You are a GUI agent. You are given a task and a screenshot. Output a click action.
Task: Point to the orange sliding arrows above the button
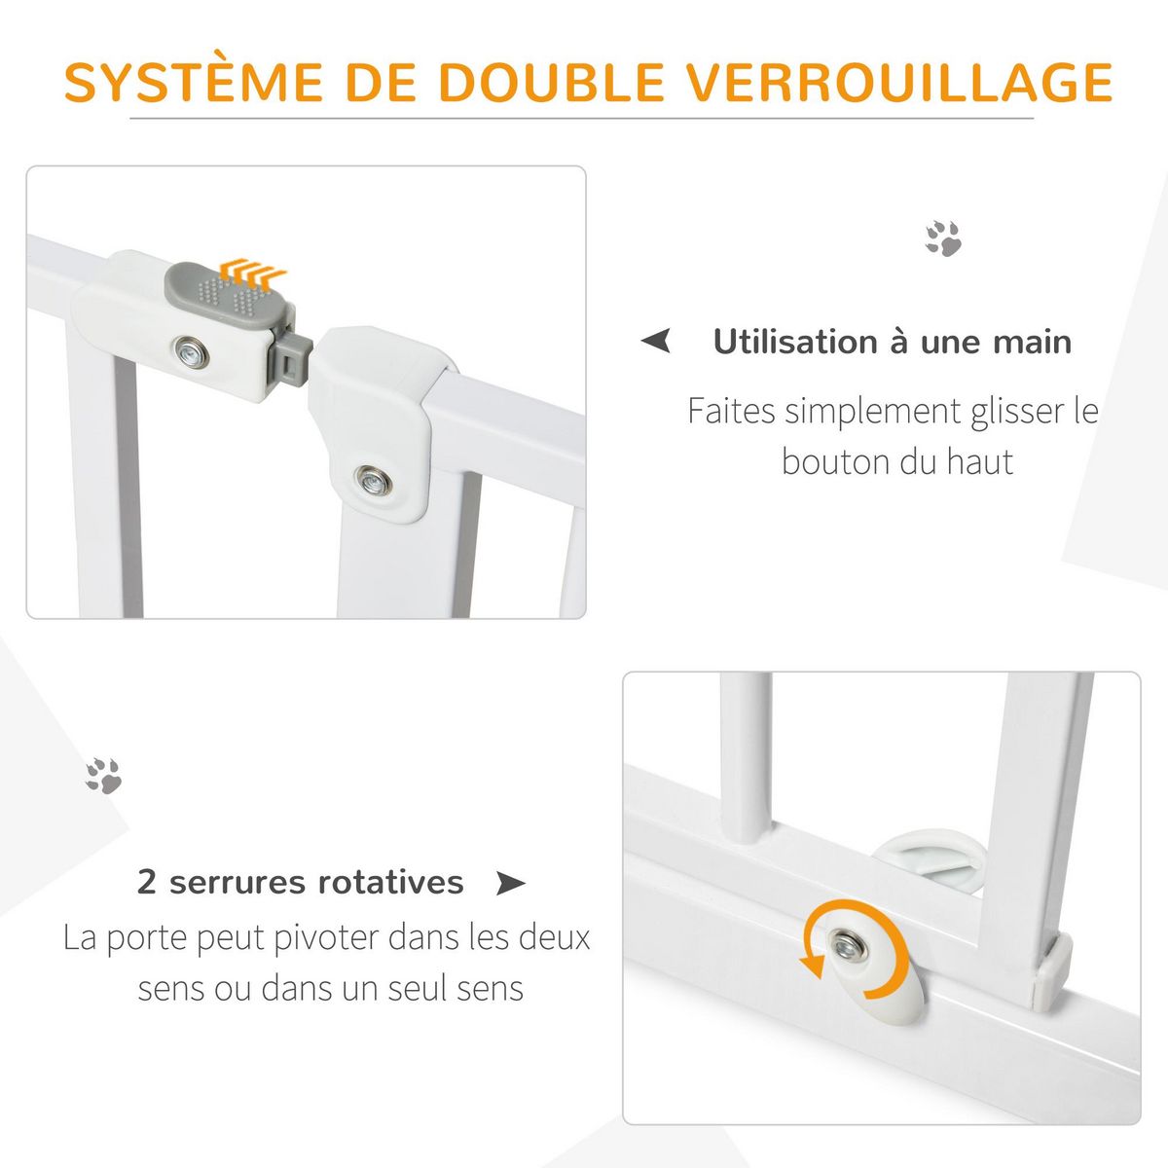click(252, 270)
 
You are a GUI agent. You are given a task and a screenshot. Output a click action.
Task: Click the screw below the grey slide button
click(191, 350)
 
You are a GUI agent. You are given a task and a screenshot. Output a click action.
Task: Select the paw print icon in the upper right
click(942, 238)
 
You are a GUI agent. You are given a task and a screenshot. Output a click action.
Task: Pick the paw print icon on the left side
click(102, 775)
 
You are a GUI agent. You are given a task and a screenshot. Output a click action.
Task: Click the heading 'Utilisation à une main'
click(892, 342)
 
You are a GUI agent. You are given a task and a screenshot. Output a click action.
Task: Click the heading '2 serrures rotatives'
click(300, 882)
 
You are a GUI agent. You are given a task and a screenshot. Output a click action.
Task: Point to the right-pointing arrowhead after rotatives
click(510, 884)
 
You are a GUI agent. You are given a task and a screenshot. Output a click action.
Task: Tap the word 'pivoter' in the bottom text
click(326, 938)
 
